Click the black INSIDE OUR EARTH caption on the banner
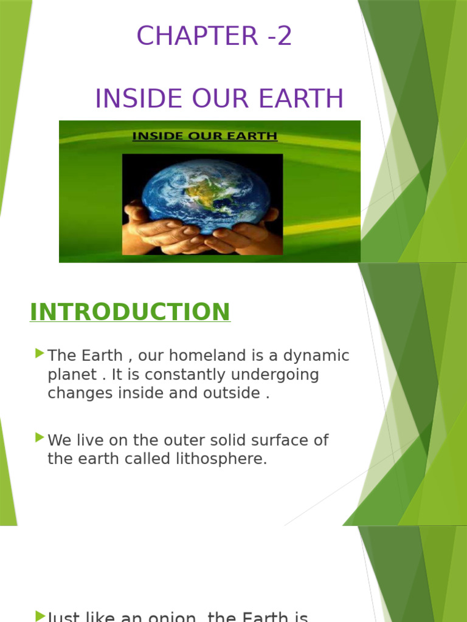click(x=205, y=137)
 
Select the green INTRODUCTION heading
click(x=130, y=312)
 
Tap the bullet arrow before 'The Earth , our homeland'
click(x=40, y=353)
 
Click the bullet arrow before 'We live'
click(x=40, y=437)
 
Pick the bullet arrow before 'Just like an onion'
click(x=40, y=616)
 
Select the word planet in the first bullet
click(x=72, y=375)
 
